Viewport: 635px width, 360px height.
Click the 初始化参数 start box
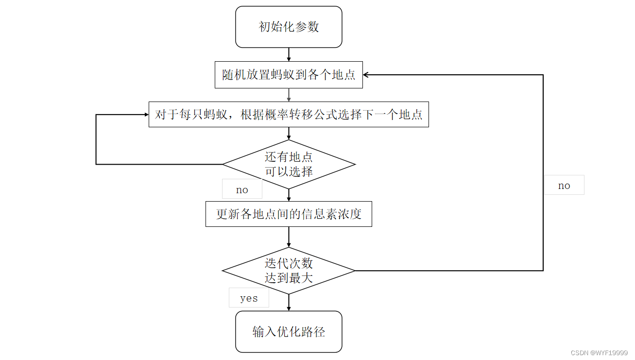289,27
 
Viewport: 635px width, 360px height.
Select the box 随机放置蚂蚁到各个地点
289,75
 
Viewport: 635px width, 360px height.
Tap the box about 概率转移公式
289,115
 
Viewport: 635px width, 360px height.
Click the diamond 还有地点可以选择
289,164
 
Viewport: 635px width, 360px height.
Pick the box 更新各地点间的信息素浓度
289,214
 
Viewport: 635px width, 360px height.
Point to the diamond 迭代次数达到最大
289,271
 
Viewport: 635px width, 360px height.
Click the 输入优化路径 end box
289,332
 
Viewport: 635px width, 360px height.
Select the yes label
249,298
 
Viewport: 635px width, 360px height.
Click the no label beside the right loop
564,185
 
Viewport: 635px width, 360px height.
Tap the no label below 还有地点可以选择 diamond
242,189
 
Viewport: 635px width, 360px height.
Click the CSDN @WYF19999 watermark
599,353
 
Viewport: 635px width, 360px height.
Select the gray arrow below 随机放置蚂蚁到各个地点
289,95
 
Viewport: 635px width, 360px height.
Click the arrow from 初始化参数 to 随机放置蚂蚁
289,54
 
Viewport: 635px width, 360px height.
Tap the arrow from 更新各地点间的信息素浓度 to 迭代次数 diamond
289,237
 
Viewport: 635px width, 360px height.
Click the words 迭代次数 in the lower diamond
289,263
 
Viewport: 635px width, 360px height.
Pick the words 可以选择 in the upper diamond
289,171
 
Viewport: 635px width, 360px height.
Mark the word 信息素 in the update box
320,214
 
